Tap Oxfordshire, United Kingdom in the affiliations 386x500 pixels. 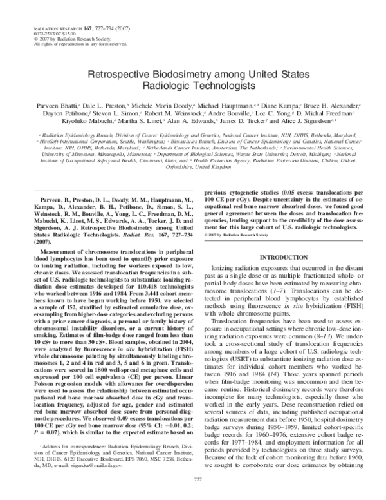(193, 166)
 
